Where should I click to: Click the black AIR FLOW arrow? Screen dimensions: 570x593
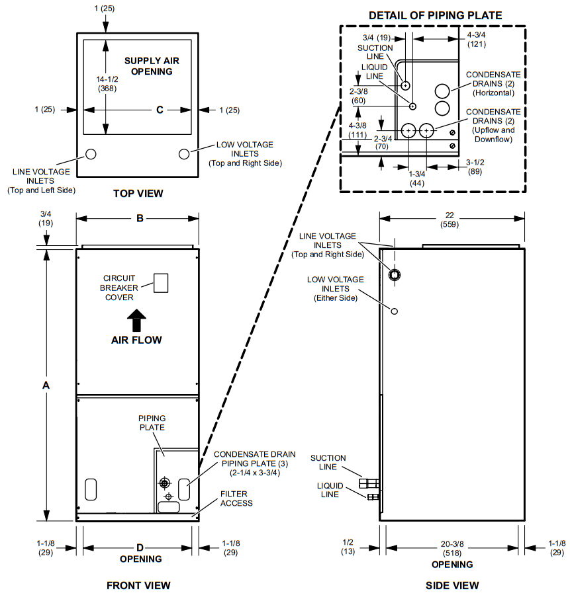pyautogui.click(x=136, y=321)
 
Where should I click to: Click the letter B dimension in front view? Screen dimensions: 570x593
pyautogui.click(x=140, y=218)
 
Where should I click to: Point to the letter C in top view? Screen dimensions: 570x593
pyautogui.click(x=160, y=110)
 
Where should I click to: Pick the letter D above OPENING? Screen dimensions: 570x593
pyautogui.click(x=140, y=547)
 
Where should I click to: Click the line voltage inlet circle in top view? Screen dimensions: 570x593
pyautogui.click(x=91, y=154)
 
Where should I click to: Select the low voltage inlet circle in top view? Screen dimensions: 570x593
pyautogui.click(x=184, y=153)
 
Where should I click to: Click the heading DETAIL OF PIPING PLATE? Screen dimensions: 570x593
pyautogui.click(x=435, y=15)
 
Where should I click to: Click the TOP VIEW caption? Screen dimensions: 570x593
pyautogui.click(x=138, y=194)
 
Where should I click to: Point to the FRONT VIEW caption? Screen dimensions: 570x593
pyautogui.click(x=138, y=585)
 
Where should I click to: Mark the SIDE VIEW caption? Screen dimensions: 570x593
pyautogui.click(x=452, y=585)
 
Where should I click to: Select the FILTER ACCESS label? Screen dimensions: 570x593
pyautogui.click(x=236, y=498)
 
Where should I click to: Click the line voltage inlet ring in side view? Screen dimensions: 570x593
pyautogui.click(x=395, y=275)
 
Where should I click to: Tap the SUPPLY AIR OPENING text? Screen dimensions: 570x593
pyautogui.click(x=152, y=66)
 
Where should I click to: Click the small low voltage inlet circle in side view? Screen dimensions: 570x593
pyautogui.click(x=395, y=311)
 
